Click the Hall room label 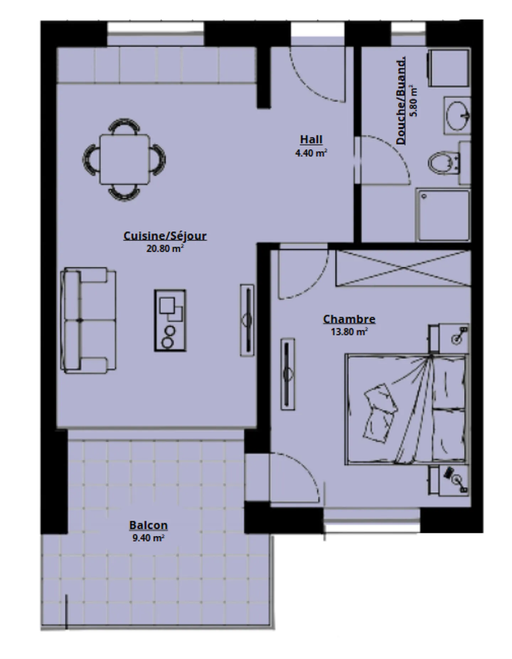coord(311,139)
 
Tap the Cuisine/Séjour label coord(165,236)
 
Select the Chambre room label coord(349,319)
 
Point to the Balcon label coord(148,525)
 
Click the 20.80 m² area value coord(165,248)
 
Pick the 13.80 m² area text coord(349,332)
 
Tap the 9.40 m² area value coord(148,537)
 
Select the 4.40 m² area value coord(311,153)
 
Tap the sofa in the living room coord(89,321)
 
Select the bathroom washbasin coord(458,116)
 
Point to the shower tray coord(443,215)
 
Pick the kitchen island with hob coord(170,320)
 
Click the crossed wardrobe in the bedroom coord(403,268)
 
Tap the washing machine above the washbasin coord(449,68)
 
